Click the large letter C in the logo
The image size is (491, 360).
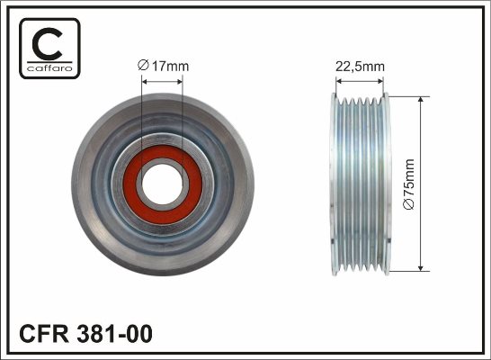point(47,44)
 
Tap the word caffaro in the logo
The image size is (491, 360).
point(49,68)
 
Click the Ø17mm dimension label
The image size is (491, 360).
point(163,66)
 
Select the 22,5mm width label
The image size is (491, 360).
point(360,67)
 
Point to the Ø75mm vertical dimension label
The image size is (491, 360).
point(409,184)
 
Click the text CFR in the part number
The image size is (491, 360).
point(44,334)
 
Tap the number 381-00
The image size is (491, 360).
point(114,334)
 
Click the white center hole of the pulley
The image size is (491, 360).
point(162,184)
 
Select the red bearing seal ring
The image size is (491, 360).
point(163,184)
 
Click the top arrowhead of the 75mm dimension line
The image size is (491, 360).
point(421,100)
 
